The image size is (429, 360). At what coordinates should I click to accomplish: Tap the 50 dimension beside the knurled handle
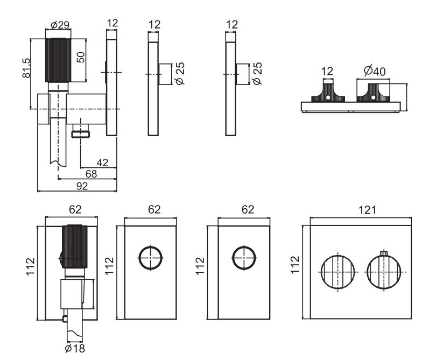tap(81, 57)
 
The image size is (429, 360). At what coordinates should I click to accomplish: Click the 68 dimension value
tap(92, 174)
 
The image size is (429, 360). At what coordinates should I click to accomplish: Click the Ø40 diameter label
tap(372, 70)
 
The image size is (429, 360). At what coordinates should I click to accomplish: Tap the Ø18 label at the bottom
tap(75, 349)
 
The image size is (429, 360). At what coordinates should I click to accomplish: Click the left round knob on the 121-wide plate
tap(338, 272)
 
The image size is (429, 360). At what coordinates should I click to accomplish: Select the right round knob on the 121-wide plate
tap(385, 272)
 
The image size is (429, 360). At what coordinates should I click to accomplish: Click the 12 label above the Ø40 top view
tap(327, 70)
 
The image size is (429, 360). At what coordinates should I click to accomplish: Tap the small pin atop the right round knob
tap(384, 253)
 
